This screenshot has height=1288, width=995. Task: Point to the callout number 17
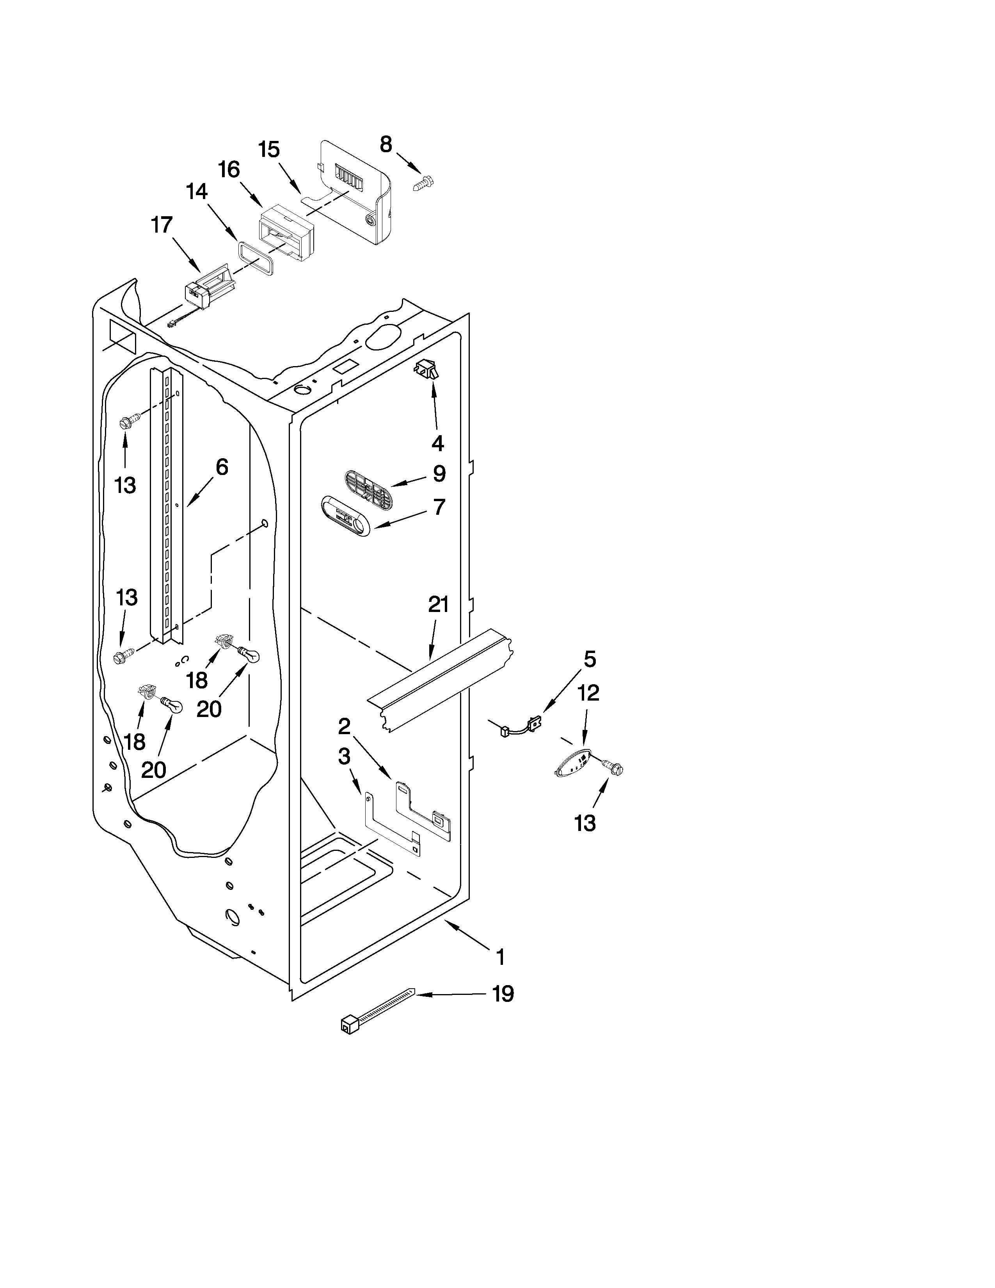(162, 225)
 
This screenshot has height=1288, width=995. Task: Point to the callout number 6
(222, 467)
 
